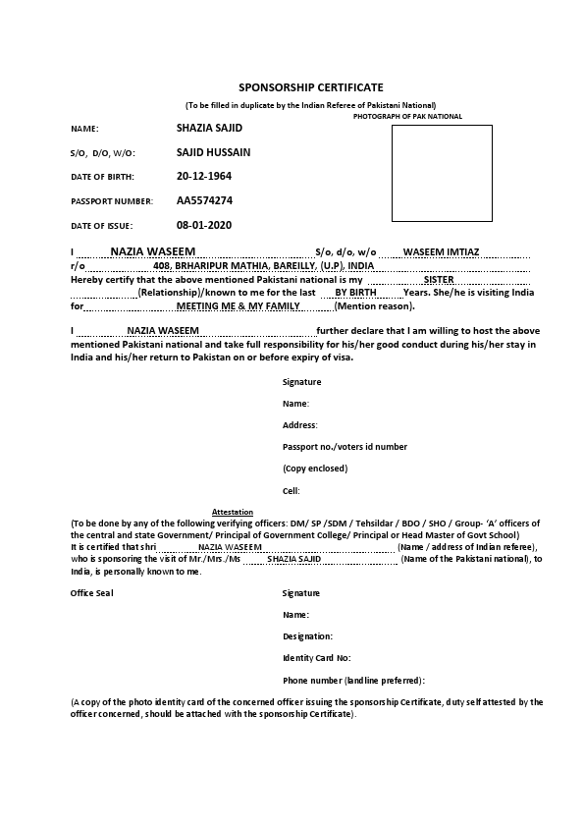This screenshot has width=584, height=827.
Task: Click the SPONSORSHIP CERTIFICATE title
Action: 311,87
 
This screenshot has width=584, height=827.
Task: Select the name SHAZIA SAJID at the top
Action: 209,129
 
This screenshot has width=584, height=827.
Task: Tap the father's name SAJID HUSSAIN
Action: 213,152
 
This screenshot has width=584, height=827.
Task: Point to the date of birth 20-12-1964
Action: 204,177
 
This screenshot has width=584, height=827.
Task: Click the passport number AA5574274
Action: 204,200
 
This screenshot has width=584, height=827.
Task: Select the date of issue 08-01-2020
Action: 204,225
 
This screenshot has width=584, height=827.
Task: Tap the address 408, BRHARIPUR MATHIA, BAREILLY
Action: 264,266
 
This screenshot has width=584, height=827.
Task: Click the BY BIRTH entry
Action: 355,293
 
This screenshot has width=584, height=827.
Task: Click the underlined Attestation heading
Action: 233,513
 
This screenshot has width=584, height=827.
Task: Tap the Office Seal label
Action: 91,593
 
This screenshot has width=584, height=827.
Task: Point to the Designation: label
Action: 307,636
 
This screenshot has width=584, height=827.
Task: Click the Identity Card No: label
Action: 316,658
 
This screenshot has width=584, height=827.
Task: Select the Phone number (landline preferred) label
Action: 353,680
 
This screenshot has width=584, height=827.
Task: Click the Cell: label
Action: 292,490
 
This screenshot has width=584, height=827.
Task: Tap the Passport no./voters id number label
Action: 345,447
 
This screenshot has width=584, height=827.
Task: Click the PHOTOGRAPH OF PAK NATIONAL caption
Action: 407,117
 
